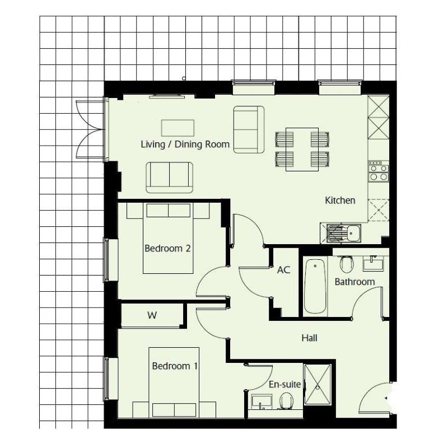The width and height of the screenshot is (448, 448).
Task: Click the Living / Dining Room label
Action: click(185, 144)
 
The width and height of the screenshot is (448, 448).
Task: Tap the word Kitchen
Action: click(340, 200)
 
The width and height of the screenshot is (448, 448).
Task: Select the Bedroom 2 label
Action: click(167, 248)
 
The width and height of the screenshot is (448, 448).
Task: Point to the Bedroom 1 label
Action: click(175, 366)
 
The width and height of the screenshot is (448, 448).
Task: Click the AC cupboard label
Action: click(283, 270)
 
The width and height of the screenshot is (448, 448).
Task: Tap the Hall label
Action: click(310, 338)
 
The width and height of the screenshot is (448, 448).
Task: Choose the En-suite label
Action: click(285, 384)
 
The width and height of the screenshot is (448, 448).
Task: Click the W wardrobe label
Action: click(152, 315)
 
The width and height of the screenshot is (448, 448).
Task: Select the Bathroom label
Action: click(354, 282)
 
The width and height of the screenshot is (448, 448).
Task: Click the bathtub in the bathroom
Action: click(315, 286)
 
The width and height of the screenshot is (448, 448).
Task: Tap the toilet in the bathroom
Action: click(347, 264)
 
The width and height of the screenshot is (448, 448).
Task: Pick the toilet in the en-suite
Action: click(286, 400)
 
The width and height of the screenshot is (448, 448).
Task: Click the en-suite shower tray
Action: click(318, 384)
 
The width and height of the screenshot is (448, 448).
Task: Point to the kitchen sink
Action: click(344, 233)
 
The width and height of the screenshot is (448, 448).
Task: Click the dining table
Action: click(302, 149)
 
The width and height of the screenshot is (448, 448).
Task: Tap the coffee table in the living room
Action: click(178, 128)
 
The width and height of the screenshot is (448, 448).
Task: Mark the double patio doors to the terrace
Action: click(91, 129)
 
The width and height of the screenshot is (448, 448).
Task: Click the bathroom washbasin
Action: click(373, 263)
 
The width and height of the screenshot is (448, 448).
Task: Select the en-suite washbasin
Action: click(262, 402)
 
